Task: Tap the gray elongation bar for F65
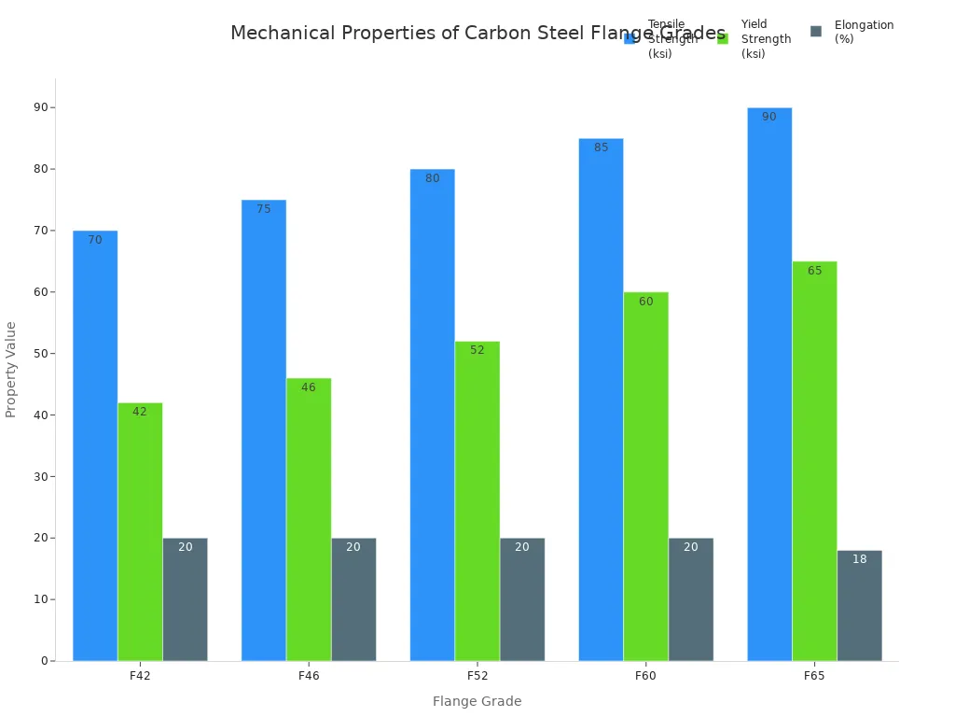859,607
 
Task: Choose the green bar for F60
645,476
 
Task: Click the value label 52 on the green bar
477,351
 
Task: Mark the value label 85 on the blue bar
602,148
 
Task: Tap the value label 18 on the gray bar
860,560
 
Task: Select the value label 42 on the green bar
140,413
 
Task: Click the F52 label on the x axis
477,675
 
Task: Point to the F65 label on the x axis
814,675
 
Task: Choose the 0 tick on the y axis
44,661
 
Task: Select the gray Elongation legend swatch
816,32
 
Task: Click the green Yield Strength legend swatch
723,38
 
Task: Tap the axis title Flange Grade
477,701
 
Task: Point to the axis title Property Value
11,369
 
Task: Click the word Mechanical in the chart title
283,34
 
